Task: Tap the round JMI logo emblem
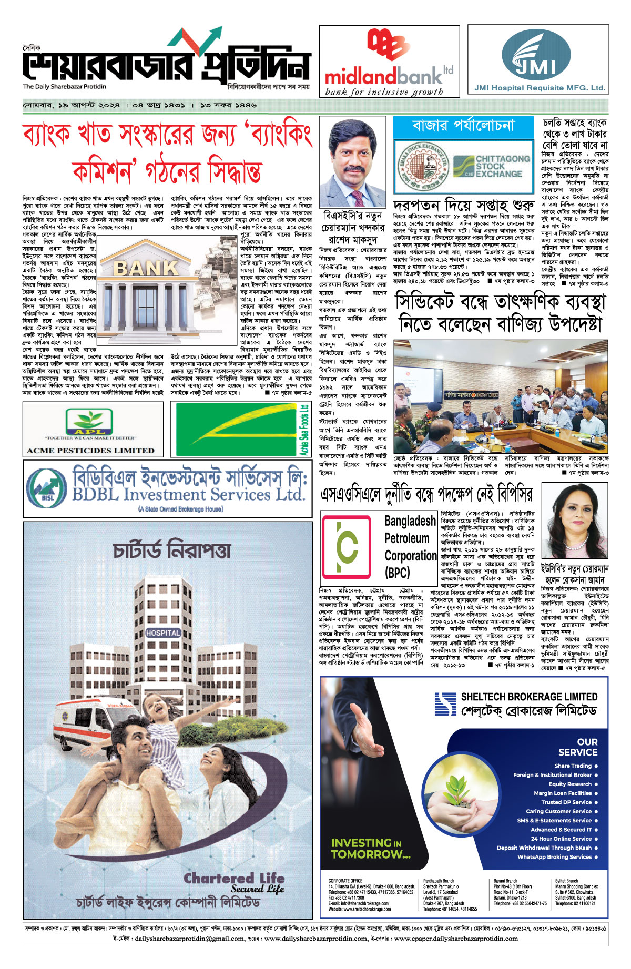pyautogui.click(x=535, y=54)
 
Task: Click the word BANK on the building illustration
pyautogui.click(x=146, y=268)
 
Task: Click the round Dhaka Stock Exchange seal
pyautogui.click(x=421, y=166)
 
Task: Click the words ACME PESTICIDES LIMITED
pyautogui.click(x=91, y=451)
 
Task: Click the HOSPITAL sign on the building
pyautogui.click(x=163, y=633)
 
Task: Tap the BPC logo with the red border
pyautogui.click(x=347, y=547)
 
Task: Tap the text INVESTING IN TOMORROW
pyautogui.click(x=370, y=849)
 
